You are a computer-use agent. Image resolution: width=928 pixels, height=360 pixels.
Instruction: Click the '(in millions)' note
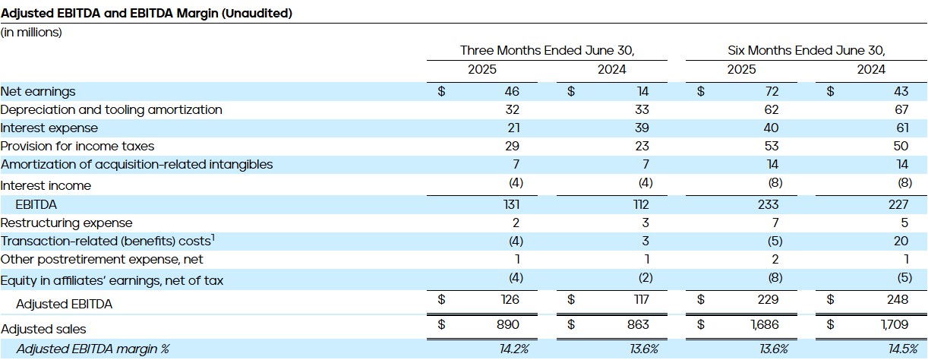[x=31, y=33]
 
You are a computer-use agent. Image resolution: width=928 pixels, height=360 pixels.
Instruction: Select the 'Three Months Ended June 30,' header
[x=547, y=51]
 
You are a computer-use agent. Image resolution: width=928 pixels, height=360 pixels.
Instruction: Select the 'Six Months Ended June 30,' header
[x=806, y=51]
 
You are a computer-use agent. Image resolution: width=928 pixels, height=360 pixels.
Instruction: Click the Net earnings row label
[x=38, y=91]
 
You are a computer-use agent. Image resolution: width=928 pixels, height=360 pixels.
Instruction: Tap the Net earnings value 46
[x=512, y=91]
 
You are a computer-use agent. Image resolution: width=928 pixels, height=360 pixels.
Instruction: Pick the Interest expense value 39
[x=642, y=128]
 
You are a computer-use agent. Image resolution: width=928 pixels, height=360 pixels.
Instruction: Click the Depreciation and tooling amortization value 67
[x=901, y=109]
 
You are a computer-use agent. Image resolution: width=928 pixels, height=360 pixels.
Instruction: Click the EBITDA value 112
[x=639, y=204]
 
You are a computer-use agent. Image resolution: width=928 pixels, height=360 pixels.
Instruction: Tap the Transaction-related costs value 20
[x=901, y=241]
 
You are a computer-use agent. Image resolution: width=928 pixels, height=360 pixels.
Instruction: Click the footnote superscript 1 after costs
[x=213, y=238]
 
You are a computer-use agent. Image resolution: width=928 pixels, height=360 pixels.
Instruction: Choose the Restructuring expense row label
[x=66, y=223]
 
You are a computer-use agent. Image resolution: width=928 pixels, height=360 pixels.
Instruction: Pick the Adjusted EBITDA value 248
[x=898, y=299]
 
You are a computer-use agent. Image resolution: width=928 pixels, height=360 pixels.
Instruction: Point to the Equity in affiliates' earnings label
[x=112, y=280]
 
